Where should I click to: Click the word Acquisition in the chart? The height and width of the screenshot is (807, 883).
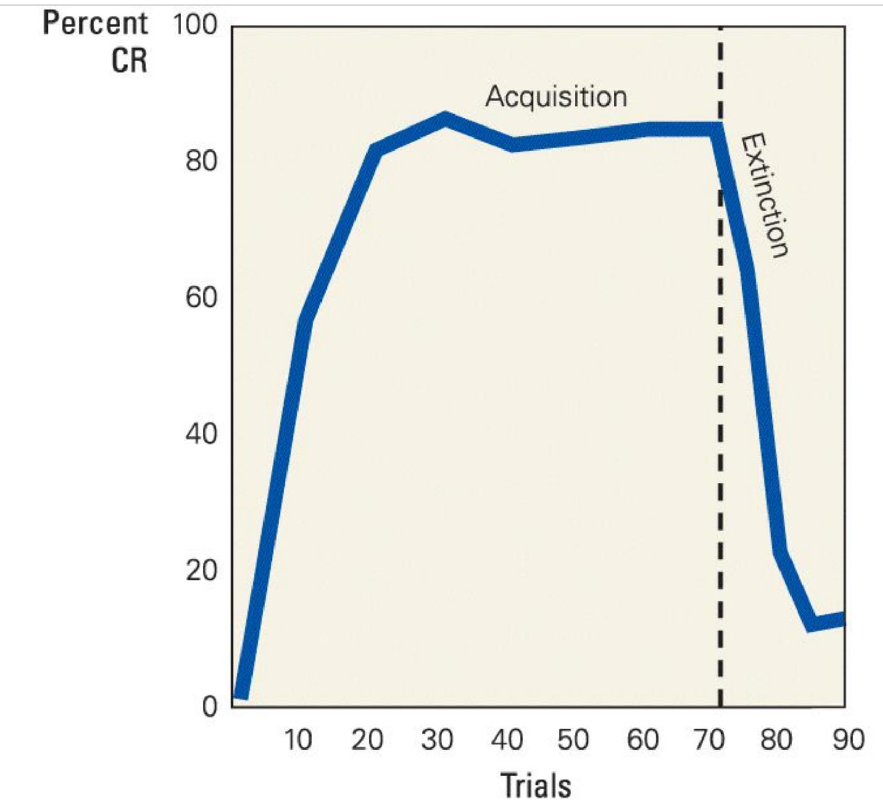pos(556,97)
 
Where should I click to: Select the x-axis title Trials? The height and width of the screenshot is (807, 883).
pos(536,785)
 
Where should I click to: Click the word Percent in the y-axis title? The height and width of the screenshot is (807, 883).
pos(96,24)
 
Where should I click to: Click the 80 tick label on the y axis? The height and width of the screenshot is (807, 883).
pos(201,162)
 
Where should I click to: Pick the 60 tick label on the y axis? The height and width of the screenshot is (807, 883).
pos(201,298)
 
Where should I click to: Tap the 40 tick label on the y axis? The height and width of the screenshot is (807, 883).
pos(201,434)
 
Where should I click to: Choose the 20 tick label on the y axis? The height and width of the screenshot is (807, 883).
pos(201,571)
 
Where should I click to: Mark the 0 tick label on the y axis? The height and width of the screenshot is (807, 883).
pos(209,707)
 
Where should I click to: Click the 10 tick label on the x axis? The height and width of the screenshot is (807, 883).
pos(298,740)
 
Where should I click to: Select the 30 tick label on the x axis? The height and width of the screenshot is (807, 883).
pos(437,740)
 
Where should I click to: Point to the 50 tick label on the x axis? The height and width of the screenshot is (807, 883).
pos(574,740)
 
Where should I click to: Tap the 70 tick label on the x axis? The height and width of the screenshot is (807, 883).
pos(709,740)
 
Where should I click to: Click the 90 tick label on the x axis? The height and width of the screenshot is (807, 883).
pos(848,740)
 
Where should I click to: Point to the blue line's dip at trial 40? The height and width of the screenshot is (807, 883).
pos(512,144)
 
